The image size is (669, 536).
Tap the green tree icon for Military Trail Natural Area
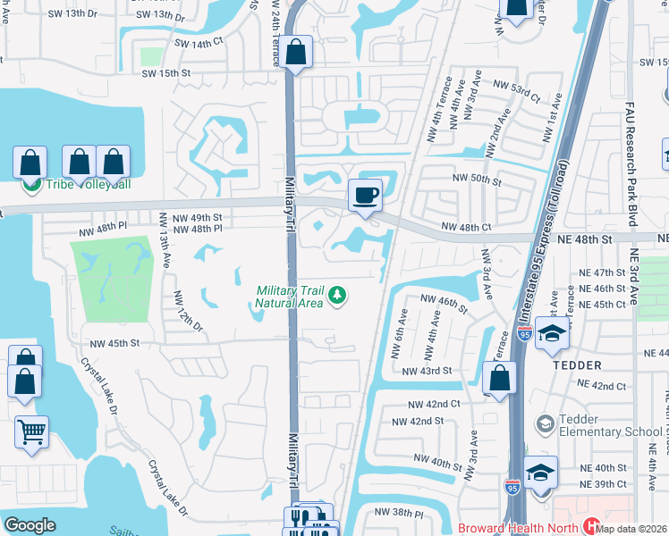point(337,296)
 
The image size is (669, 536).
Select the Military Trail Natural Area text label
point(288,297)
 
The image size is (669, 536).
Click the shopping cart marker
point(31,433)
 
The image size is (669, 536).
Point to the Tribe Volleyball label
point(75,185)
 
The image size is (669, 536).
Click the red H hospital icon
point(589,527)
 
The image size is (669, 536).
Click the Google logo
point(30,525)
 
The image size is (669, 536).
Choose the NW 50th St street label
point(477,179)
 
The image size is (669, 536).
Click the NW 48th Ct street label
point(462,228)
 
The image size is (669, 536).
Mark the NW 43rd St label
point(426,371)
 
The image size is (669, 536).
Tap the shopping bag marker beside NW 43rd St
point(501,379)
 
